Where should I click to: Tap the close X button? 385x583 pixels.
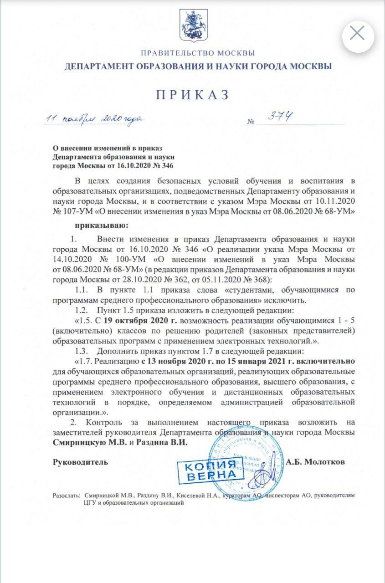(358, 33)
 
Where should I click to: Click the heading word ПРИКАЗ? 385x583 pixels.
(192, 94)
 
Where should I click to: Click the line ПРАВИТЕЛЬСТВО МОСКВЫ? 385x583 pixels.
(198, 53)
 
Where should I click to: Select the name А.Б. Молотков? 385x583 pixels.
(315, 462)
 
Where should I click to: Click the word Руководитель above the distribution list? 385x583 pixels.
(81, 462)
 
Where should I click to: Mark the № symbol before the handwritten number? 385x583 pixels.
(251, 122)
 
